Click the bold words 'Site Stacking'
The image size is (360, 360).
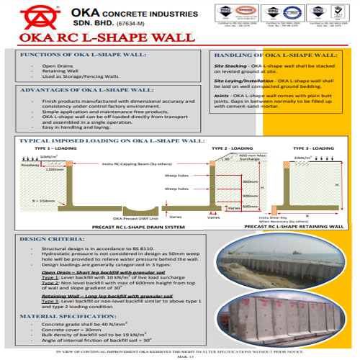coord(230,66)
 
